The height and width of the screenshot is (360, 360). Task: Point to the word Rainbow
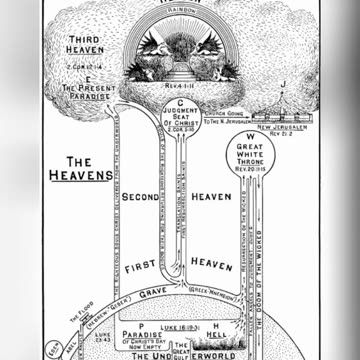point(180,13)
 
